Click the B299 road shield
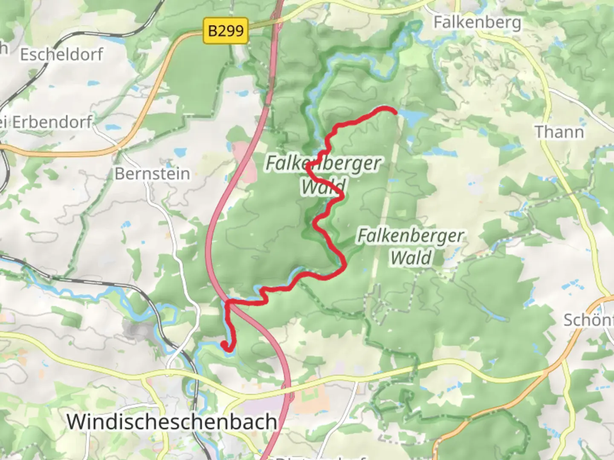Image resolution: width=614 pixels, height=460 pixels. pos(226,31)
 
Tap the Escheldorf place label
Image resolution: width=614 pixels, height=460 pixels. pos(62,55)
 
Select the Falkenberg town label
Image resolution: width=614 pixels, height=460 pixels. pos(477,22)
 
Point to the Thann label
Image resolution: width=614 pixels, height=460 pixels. pos(559,132)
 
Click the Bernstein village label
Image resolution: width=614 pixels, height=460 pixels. pos(152,174)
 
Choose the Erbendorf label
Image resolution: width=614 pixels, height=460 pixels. pos(51,122)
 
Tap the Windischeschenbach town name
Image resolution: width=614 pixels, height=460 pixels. pos(172,422)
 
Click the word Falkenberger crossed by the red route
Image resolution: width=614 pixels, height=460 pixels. pos(323,163)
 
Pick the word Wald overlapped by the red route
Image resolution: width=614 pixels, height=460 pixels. pos(323,186)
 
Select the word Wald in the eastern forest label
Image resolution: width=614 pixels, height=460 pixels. pos(411,258)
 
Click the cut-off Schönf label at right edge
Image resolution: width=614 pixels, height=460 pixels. pos(588,319)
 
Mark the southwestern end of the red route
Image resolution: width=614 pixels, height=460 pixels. pos(224,344)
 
